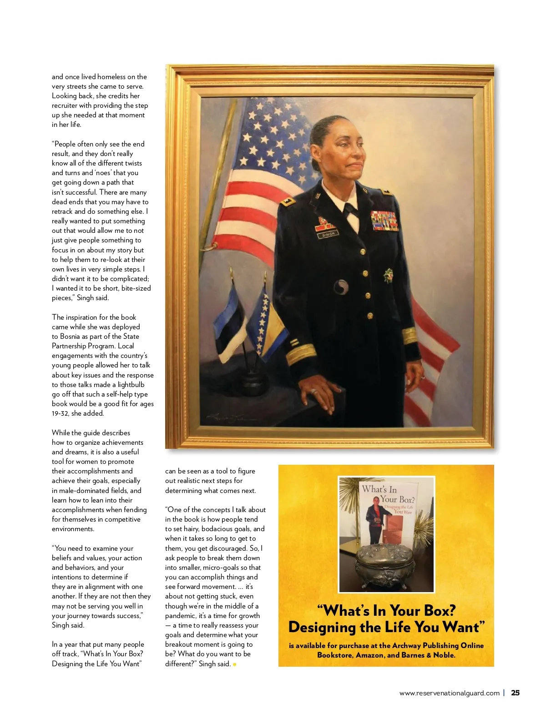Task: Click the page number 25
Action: (515, 693)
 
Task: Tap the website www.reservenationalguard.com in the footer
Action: (449, 694)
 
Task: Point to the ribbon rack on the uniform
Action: (384, 221)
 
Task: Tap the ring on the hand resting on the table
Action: (313, 391)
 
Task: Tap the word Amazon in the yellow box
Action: (370, 655)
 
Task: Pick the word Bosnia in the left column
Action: (70, 337)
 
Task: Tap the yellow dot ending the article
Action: (235, 664)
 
